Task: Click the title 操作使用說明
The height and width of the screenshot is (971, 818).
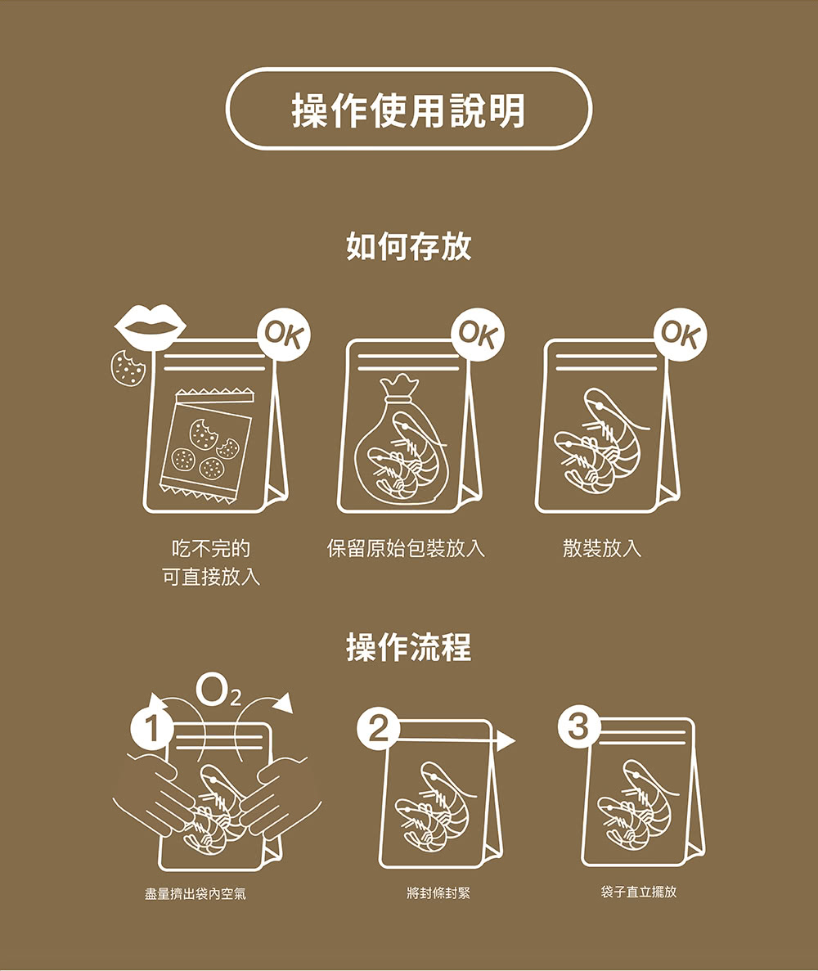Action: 409,110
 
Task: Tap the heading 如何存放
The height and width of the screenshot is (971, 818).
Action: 409,246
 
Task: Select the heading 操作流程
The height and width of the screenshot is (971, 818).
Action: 409,648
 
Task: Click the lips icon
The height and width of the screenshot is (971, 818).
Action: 151,326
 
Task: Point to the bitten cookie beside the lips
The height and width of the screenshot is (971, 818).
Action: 128,368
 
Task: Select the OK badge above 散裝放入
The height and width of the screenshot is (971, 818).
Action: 681,334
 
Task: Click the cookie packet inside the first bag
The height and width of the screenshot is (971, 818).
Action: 207,445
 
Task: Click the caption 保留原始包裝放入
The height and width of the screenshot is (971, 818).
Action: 406,548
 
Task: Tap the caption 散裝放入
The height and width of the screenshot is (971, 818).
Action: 602,548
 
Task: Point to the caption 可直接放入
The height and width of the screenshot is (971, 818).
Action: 211,578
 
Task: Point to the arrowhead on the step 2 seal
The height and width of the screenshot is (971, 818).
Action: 506,740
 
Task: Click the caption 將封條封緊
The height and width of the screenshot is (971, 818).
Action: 439,893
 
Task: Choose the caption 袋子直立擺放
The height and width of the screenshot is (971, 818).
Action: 639,892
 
